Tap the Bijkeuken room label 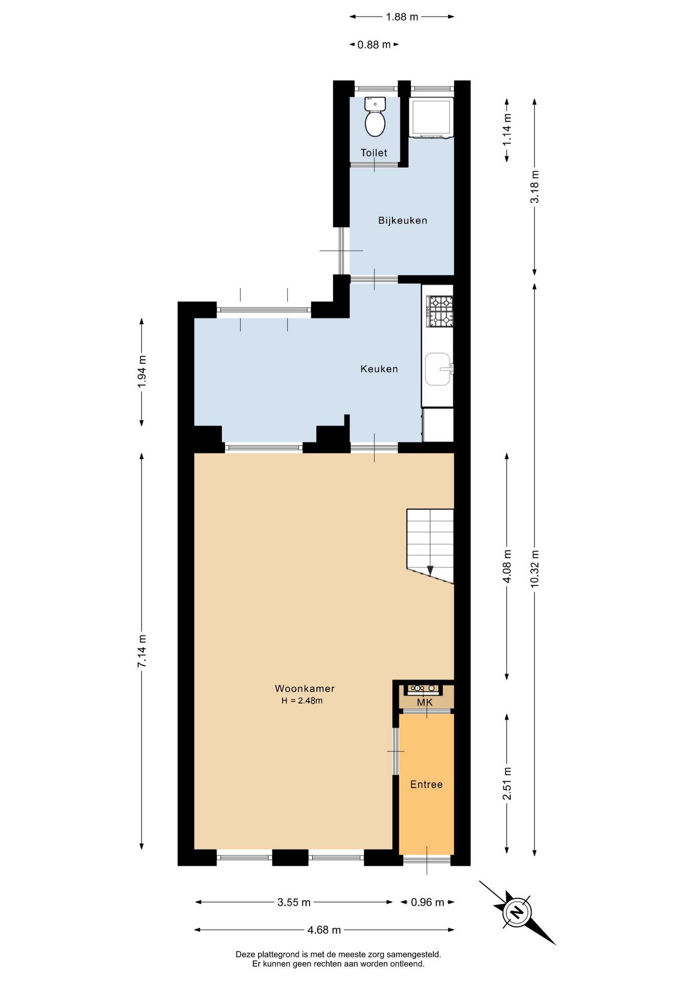coord(403,220)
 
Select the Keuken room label coord(379,369)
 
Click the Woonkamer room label coord(305,688)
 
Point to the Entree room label coord(426,784)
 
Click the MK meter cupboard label coord(425,703)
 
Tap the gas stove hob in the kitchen coord(440,311)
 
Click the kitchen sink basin coord(438,369)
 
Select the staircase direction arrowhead coord(430,571)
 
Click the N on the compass coord(517,912)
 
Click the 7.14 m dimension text coord(142,650)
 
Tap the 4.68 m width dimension coord(324,930)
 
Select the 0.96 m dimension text coord(427,902)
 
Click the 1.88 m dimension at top coord(402,17)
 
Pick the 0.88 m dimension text coord(374,44)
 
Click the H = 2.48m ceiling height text coord(302,700)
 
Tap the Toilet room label coord(374,153)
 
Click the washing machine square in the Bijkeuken coord(431,118)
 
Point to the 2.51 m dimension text coord(506,783)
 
